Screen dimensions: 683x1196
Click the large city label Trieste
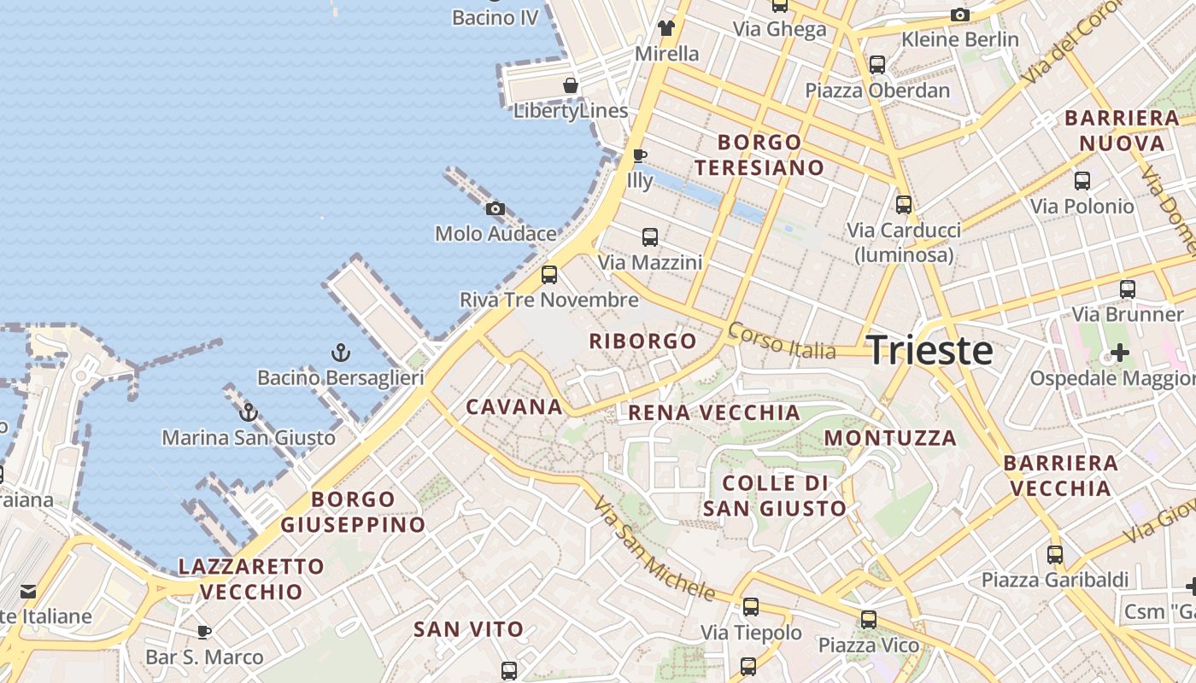pos(929,351)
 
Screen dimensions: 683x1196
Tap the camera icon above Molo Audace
pos(495,209)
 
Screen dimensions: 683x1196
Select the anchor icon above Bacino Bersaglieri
pos(340,352)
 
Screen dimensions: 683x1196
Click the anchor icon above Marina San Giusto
pos(248,412)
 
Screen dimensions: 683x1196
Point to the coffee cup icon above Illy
pos(639,156)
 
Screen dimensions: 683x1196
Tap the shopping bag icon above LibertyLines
pos(571,85)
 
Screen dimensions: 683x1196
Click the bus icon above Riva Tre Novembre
pos(549,275)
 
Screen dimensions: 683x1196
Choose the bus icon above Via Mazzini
pos(650,237)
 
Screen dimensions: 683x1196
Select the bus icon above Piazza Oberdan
pos(877,65)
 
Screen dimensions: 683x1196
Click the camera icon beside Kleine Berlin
pos(960,15)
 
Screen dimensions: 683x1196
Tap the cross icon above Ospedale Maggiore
pos(1119,353)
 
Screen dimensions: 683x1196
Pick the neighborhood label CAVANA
pos(514,406)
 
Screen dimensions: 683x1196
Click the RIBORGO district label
pos(643,341)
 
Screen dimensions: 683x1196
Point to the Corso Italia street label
pos(781,340)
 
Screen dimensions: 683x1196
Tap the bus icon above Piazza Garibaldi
pos(1055,555)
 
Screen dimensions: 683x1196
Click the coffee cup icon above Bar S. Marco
pos(204,633)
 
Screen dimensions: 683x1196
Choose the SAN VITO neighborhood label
pos(468,630)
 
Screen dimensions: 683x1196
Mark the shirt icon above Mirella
pos(667,28)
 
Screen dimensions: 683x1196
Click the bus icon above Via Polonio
pos(1082,181)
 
